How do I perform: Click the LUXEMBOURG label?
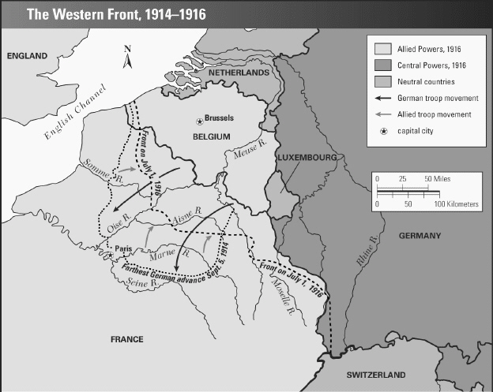[307, 159]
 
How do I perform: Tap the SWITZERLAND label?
[379, 374]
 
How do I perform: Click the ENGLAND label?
[27, 56]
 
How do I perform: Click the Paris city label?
[122, 248]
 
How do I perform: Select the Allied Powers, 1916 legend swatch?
[378, 49]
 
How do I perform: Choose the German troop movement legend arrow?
[378, 98]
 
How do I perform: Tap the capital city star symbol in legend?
[378, 130]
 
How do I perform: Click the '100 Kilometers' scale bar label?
[450, 203]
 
